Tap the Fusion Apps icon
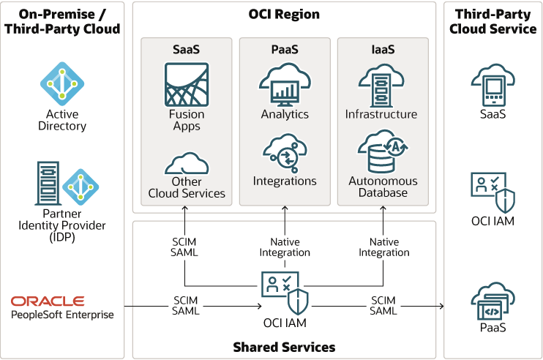pyautogui.click(x=187, y=85)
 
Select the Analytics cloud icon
pyautogui.click(x=285, y=85)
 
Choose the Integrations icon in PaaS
pyautogui.click(x=285, y=151)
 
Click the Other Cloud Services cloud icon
pyautogui.click(x=187, y=163)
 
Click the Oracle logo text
pyautogui.click(x=48, y=301)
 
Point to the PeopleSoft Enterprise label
pyautogui.click(x=62, y=315)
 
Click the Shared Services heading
pyautogui.click(x=284, y=347)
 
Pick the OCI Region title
pyautogui.click(x=284, y=15)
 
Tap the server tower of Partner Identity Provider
pyautogui.click(x=46, y=183)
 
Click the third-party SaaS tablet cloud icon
pyautogui.click(x=493, y=86)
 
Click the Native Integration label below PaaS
pyautogui.click(x=285, y=247)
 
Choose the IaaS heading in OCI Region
pyautogui.click(x=381, y=50)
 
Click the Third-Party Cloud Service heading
pyautogui.click(x=493, y=21)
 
